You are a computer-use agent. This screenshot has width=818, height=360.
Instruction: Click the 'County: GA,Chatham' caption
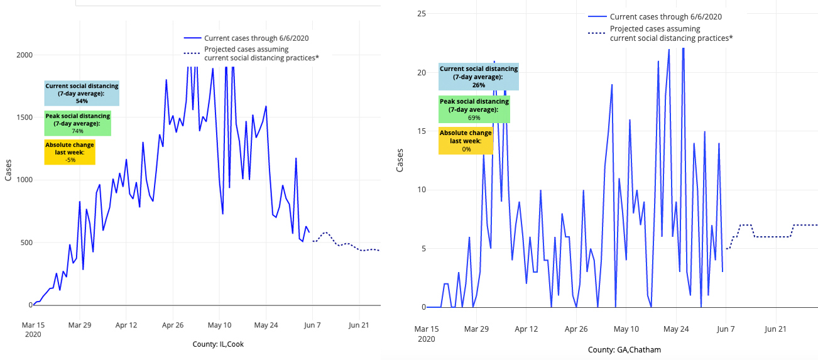pyautogui.click(x=624, y=349)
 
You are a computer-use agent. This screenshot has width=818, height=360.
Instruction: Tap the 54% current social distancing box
pyautogui.click(x=82, y=93)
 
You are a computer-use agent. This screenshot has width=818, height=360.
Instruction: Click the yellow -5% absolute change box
pyautogui.click(x=70, y=152)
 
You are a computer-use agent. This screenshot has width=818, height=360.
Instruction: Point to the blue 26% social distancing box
pyautogui.click(x=479, y=77)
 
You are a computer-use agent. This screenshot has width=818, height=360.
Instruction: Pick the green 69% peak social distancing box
pyautogui.click(x=474, y=109)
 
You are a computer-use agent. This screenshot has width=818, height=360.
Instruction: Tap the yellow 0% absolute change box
pyautogui.click(x=466, y=141)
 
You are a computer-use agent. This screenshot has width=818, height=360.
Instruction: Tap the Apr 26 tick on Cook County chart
pyautogui.click(x=172, y=325)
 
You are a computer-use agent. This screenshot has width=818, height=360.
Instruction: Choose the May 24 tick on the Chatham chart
pyautogui.click(x=676, y=329)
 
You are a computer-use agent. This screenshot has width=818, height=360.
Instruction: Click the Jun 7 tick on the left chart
pyautogui.click(x=312, y=325)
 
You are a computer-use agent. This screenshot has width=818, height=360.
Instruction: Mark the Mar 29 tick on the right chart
pyautogui.click(x=476, y=329)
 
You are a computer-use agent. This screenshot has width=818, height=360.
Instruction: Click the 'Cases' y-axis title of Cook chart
pyautogui.click(x=8, y=170)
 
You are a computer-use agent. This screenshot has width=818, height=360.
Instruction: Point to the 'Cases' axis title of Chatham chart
pyautogui.click(x=400, y=161)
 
